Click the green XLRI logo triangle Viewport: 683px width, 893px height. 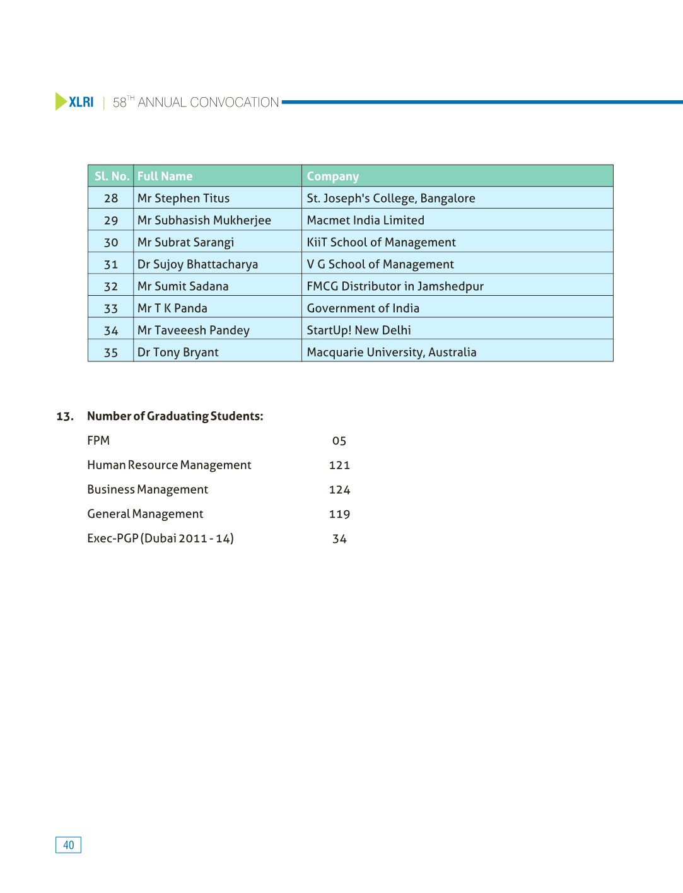61,102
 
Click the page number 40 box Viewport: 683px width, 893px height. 68,845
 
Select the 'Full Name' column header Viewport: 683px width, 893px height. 165,177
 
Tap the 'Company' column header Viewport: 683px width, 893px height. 332,177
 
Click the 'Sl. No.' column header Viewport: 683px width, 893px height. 112,177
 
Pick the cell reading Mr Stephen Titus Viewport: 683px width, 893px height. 184,198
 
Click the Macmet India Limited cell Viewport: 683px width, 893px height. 365,220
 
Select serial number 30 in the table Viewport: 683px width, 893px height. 111,242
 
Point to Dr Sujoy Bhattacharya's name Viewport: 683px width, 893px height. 197,264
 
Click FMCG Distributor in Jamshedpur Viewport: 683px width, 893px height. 395,286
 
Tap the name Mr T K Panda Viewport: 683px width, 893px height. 172,308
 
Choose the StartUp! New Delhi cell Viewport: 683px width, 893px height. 359,330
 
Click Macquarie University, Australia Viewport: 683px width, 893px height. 391,353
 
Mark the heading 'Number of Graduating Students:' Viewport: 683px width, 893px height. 175,416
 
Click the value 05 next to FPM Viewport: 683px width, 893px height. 339,441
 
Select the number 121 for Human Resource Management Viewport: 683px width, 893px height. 339,465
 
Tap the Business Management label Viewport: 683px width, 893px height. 148,489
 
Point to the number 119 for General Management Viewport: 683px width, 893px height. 339,514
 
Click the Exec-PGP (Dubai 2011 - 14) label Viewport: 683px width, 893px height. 160,539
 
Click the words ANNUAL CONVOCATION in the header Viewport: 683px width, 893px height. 208,102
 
